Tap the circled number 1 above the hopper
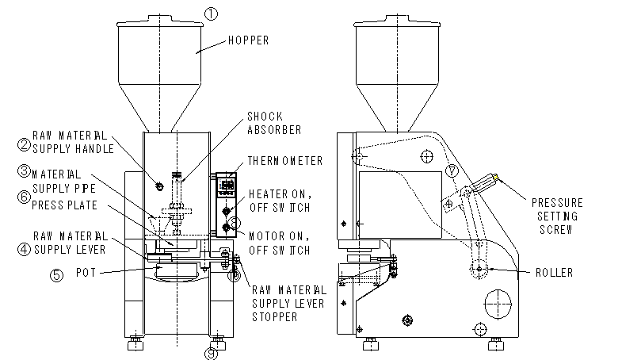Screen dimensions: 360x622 click(x=210, y=13)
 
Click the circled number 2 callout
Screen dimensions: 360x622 click(x=24, y=145)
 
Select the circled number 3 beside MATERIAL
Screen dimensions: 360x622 click(x=24, y=171)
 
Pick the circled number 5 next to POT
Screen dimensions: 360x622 click(x=24, y=197)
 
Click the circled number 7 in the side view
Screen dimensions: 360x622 click(x=452, y=170)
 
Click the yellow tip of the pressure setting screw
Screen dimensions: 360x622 click(x=497, y=178)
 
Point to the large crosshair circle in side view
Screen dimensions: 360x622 click(x=498, y=302)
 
